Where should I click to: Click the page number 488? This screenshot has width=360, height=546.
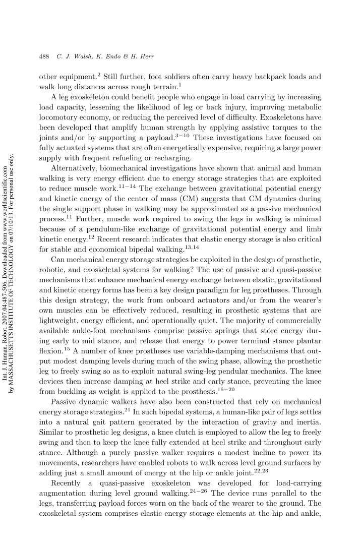pyautogui.click(x=43, y=56)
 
